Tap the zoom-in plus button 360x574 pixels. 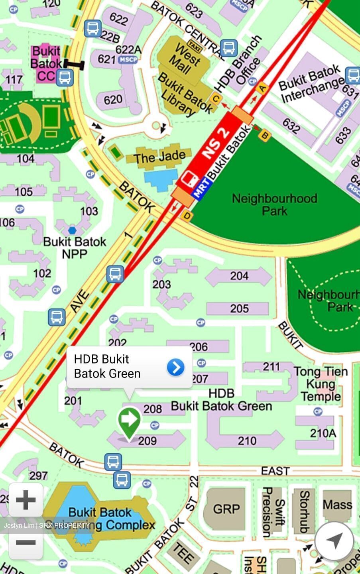[26, 500]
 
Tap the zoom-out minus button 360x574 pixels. [26, 543]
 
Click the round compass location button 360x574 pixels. [334, 541]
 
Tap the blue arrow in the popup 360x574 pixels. [175, 367]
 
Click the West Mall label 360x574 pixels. [184, 59]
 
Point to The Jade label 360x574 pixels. [159, 157]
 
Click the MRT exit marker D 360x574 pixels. [187, 216]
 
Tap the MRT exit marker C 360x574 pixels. [216, 99]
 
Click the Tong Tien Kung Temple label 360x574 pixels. [321, 384]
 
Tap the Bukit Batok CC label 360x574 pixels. [46, 63]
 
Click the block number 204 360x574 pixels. [239, 276]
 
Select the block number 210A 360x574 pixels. [323, 433]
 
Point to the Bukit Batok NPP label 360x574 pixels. [75, 248]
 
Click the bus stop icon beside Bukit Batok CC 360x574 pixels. [65, 77]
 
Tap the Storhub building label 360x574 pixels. [305, 511]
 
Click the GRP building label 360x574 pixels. [226, 509]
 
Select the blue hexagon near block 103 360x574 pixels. [72, 230]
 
